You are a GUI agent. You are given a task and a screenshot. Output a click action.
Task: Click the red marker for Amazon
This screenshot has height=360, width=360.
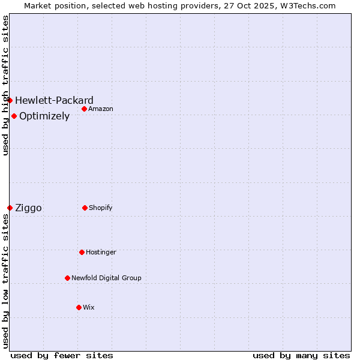(85, 109)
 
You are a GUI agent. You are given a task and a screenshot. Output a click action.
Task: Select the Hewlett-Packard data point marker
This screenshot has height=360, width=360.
(10, 100)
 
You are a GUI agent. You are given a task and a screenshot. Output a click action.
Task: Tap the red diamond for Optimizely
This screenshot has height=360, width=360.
(14, 116)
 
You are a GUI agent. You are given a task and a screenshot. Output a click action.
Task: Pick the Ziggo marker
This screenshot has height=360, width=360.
(10, 208)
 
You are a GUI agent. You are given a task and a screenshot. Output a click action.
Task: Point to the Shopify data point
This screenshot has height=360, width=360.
(85, 208)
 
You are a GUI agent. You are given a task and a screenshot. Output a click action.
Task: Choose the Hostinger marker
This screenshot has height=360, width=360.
(82, 252)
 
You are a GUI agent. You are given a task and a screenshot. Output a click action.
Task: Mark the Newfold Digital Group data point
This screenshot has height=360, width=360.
(67, 278)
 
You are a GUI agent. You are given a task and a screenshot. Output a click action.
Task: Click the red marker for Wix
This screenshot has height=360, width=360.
(79, 307)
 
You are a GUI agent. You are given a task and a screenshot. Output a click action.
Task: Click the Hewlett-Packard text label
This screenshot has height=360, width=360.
(54, 100)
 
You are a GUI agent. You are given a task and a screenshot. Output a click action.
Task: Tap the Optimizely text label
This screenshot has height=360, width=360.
(44, 116)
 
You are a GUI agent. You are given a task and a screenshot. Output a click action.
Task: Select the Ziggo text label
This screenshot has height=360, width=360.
(28, 208)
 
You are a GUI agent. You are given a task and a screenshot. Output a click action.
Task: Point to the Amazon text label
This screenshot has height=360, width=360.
(101, 109)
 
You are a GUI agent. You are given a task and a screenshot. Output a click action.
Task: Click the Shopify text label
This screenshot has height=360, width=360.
(101, 208)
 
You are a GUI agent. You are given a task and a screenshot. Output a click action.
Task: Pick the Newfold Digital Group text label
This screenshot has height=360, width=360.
(106, 278)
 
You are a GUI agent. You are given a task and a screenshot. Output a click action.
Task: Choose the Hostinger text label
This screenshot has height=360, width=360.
(101, 253)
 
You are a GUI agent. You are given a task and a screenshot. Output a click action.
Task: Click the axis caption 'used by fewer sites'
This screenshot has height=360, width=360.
(62, 355)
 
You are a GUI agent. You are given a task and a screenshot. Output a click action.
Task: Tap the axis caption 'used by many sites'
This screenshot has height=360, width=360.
(301, 355)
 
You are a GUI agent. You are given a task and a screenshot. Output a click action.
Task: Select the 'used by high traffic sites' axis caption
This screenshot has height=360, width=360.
(5, 85)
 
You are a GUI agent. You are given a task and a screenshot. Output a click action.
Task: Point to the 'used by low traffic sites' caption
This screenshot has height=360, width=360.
(5, 281)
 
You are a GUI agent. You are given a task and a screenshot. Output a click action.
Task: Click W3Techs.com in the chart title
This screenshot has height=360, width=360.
(307, 5)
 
